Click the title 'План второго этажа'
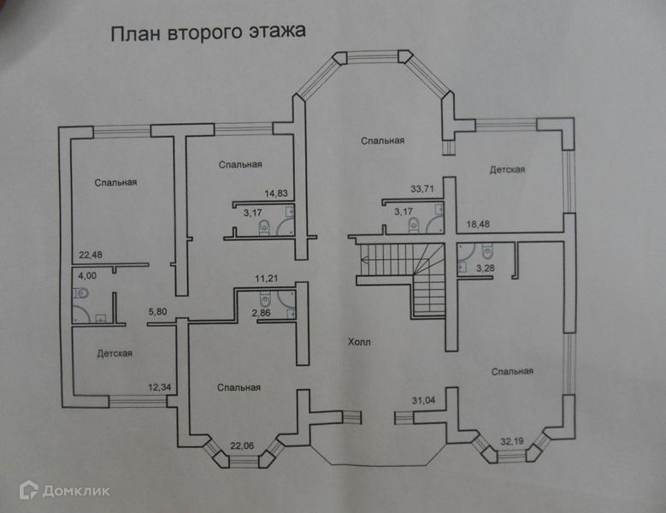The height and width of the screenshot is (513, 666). click(207, 33)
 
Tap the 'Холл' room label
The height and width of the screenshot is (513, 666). click(359, 342)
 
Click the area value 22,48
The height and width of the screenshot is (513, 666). click(91, 254)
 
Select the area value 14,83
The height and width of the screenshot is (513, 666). click(276, 193)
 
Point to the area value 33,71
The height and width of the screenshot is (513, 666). click(424, 188)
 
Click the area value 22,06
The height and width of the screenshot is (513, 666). click(244, 445)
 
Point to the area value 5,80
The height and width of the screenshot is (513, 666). click(158, 312)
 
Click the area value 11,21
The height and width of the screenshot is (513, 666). click(269, 279)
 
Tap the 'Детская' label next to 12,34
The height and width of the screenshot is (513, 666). click(114, 353)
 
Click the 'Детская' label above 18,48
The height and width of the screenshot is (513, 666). click(507, 169)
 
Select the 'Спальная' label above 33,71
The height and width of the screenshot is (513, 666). click(382, 140)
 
